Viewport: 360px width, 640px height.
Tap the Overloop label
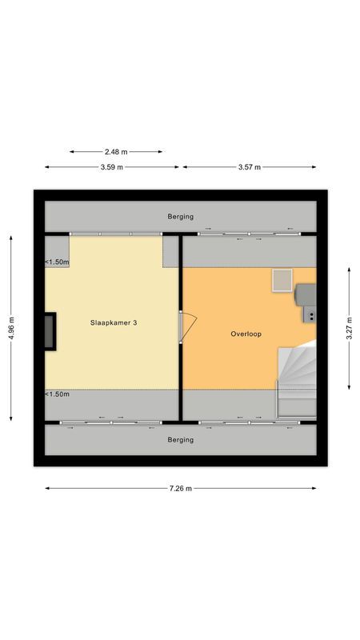246,334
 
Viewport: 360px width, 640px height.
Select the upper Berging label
180,217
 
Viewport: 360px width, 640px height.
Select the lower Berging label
180,439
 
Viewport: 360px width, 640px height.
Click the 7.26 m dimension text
180,489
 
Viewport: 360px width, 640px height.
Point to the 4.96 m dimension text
11,326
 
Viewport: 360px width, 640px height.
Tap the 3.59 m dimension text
111,167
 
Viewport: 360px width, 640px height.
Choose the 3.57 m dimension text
249,167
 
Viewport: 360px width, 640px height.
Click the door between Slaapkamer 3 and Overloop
187,327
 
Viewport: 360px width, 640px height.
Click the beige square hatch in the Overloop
282,280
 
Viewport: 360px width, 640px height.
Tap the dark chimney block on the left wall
50,330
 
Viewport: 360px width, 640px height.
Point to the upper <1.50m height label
57,262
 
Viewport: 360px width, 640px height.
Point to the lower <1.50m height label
57,394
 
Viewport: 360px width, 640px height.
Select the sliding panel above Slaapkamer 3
117,234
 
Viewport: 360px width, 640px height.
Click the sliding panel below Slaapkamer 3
111,422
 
